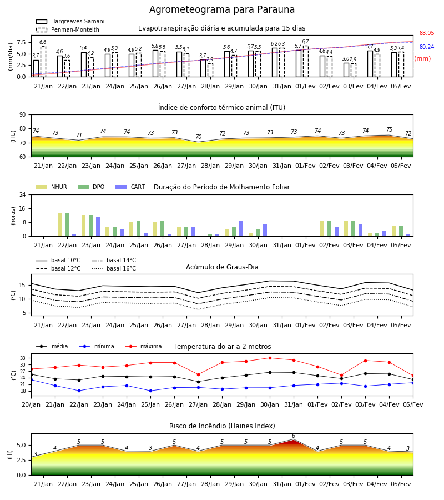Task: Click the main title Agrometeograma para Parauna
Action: [222, 9]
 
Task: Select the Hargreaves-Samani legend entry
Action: [70, 21]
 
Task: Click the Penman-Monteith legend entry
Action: [68, 29]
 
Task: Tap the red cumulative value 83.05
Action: [427, 33]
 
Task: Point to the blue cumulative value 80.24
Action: [427, 47]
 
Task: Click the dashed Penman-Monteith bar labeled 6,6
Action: [43, 62]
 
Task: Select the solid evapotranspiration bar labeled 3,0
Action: [346, 70]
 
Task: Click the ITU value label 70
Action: [199, 137]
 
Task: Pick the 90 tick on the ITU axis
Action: [23, 115]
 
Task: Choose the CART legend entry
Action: [130, 187]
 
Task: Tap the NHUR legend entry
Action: [52, 187]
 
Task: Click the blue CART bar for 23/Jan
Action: [98, 227]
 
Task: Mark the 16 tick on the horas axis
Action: [23, 208]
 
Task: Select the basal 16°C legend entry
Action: [114, 268]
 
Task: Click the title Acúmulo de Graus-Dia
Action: [222, 267]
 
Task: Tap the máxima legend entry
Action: [143, 346]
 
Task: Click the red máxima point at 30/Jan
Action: [270, 358]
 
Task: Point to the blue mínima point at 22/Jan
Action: [79, 391]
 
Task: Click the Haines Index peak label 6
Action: [294, 436]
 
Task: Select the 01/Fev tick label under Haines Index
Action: [305, 484]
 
